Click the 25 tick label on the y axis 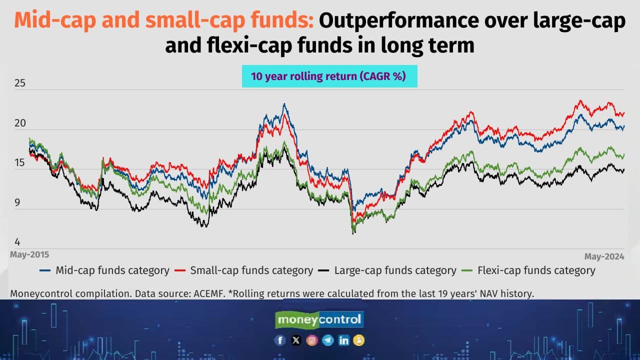(19, 83)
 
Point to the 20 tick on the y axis (19, 123)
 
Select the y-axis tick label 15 (19, 162)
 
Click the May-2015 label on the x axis (29, 254)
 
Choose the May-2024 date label (604, 256)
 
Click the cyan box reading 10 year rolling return (329, 76)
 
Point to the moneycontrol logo (319, 319)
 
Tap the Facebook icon (280, 340)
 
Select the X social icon (296, 340)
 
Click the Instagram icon (312, 340)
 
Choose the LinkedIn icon (343, 340)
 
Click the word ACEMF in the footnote (208, 293)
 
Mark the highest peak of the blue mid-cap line (284, 104)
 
